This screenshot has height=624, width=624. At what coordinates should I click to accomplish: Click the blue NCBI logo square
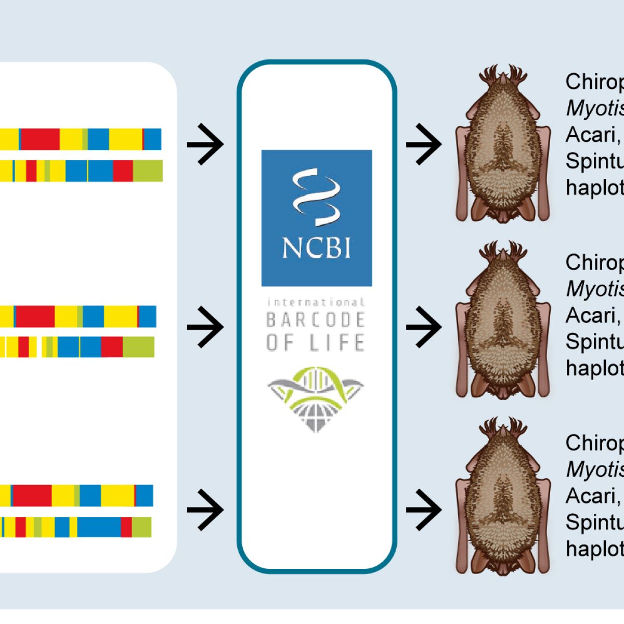pos(316,218)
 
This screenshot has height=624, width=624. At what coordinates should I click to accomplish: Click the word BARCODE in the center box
pos(316,320)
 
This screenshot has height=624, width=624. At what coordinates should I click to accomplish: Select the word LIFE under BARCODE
pos(340,343)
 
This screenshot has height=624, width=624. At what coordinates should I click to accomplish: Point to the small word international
pos(316,302)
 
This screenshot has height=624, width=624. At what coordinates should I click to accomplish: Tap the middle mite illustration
pos(502,321)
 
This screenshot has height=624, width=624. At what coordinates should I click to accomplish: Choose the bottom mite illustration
pos(502,497)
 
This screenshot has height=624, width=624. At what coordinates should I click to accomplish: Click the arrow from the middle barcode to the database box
pos(205,327)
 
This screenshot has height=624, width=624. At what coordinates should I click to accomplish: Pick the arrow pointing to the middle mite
pos(424,327)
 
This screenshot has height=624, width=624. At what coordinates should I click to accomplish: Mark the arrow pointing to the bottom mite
pos(424,510)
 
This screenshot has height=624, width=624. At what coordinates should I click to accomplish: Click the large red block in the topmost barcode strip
pos(40,139)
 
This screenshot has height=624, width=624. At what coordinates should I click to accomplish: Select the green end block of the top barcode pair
pos(148,171)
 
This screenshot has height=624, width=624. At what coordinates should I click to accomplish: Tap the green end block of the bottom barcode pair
pos(141,527)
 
